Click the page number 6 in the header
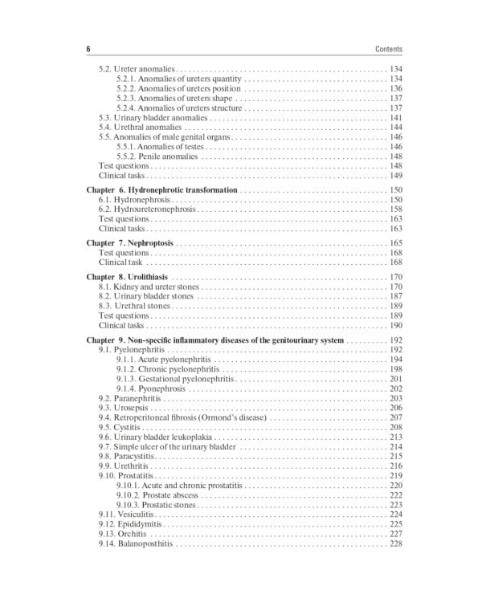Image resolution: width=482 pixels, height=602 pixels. pyautogui.click(x=88, y=49)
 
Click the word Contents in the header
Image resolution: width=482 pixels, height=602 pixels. pyautogui.click(x=388, y=49)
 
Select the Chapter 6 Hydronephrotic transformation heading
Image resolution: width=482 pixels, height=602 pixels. pyautogui.click(x=161, y=189)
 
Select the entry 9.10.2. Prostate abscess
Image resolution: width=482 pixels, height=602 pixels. pyautogui.click(x=155, y=495)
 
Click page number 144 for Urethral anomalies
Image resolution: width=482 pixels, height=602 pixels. pyautogui.click(x=395, y=128)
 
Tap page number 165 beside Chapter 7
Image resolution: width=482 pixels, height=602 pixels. pyautogui.click(x=395, y=242)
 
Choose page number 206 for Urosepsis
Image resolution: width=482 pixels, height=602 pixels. pyautogui.click(x=395, y=408)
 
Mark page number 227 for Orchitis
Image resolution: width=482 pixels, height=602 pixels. pyautogui.click(x=395, y=534)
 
